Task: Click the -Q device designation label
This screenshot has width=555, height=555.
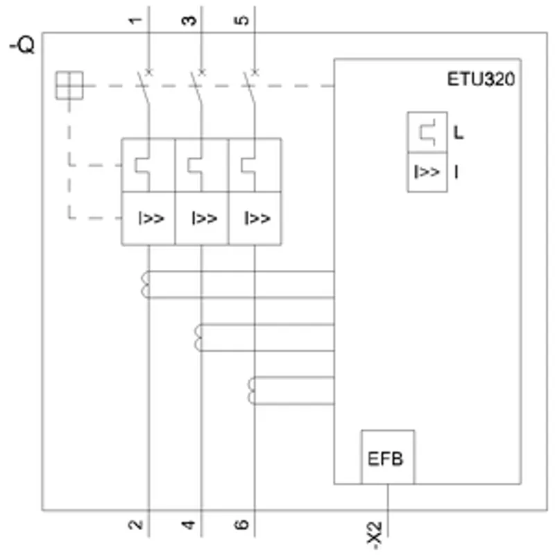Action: [22, 45]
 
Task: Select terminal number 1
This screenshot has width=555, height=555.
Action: [135, 21]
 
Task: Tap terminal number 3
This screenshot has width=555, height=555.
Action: [189, 21]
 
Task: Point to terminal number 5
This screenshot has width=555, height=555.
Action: [241, 21]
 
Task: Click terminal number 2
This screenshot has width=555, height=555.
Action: [135, 524]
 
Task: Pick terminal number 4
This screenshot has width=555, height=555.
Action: [189, 524]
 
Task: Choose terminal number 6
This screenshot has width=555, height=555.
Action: [241, 524]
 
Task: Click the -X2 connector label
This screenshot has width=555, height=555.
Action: [375, 535]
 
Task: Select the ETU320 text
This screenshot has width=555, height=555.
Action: [481, 79]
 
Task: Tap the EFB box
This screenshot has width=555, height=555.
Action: [388, 457]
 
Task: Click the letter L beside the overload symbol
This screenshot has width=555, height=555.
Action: [459, 133]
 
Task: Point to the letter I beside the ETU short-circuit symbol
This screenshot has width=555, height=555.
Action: [456, 172]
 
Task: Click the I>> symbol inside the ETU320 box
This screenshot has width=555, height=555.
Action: [427, 172]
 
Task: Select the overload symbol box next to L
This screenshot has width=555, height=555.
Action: [427, 133]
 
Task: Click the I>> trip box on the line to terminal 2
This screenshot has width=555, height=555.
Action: [148, 219]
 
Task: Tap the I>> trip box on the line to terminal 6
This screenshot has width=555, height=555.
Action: [255, 219]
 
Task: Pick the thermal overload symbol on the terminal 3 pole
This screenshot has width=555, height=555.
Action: [195, 165]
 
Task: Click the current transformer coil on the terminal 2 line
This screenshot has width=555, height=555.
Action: [145, 284]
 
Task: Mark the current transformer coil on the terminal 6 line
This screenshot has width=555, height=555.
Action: [251, 391]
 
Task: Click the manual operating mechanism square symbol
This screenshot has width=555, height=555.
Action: [69, 85]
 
